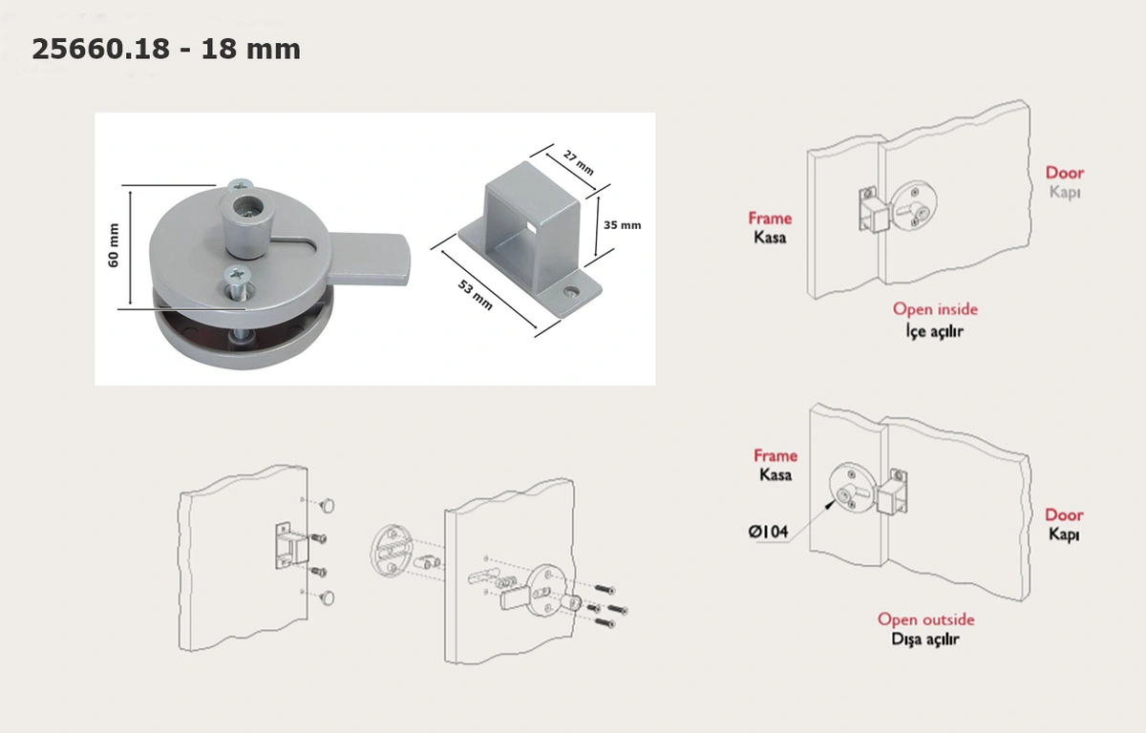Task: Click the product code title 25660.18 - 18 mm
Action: click(166, 49)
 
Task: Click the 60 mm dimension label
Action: click(114, 245)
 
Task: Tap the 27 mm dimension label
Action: click(579, 162)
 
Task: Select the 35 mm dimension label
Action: click(622, 225)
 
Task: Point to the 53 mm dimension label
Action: click(476, 295)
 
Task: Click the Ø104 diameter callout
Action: click(769, 532)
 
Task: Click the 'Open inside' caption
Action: click(935, 309)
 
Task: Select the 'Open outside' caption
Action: click(926, 619)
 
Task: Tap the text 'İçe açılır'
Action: click(935, 331)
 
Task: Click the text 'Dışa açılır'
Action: click(925, 639)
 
